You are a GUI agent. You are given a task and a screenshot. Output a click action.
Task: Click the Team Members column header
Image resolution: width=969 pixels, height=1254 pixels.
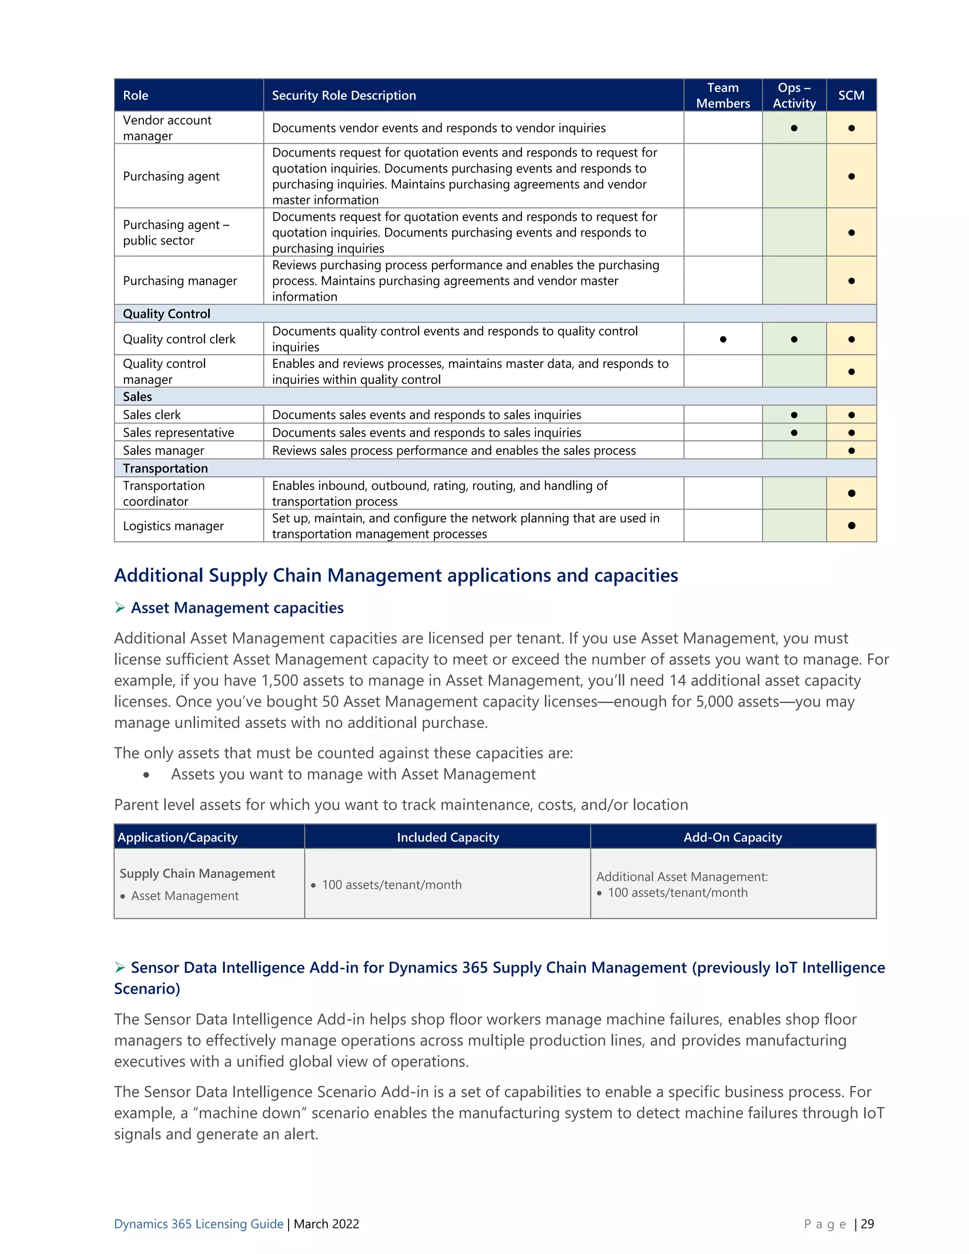723,95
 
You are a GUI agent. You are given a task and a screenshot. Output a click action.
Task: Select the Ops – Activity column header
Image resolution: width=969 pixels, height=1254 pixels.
794,95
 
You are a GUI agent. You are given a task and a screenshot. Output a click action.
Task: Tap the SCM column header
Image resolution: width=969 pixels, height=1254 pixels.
851,95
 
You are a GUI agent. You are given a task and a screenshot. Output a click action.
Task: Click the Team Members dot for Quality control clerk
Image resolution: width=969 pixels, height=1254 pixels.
723,339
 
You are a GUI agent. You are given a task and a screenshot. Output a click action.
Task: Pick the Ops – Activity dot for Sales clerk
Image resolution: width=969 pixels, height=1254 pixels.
794,415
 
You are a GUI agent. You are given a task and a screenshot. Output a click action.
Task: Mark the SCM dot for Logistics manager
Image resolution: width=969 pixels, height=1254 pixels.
851,525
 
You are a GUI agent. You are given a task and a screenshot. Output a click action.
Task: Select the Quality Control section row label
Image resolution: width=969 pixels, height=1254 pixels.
167,313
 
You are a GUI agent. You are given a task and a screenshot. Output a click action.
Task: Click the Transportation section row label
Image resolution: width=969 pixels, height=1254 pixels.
165,468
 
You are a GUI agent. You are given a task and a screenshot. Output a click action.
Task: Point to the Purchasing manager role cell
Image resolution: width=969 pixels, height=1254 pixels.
180,281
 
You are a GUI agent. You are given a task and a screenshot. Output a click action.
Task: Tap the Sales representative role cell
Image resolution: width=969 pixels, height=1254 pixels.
178,433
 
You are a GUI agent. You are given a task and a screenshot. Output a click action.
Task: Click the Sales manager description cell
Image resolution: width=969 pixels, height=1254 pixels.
453,450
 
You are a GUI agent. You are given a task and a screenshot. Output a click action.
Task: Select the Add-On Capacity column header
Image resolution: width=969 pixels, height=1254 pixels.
732,837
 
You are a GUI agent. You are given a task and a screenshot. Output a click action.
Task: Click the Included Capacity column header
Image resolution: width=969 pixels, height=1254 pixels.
448,837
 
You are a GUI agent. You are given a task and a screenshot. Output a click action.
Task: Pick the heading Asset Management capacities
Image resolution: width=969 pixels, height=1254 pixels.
237,608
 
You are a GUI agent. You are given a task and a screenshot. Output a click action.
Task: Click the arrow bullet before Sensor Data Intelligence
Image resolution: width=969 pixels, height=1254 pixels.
120,968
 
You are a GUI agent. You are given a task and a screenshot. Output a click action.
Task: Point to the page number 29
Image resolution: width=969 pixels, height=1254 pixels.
867,1224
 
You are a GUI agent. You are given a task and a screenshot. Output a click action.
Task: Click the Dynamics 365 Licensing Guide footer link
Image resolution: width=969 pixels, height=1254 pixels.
199,1224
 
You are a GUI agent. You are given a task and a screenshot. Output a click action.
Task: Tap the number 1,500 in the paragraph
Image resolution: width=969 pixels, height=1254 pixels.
280,680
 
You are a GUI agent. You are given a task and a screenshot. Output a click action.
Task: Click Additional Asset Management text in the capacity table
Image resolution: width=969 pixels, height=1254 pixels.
681,877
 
